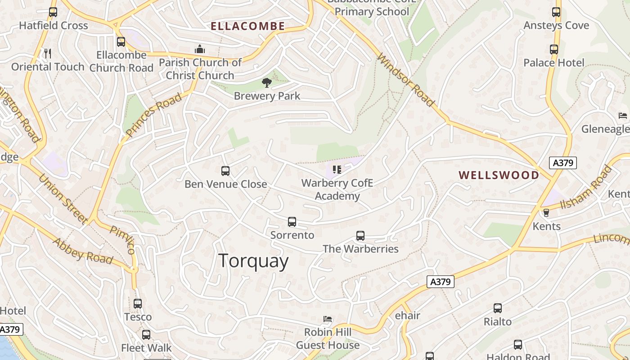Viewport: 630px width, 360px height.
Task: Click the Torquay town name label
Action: pos(253,261)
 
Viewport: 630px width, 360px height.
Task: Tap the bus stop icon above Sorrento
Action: pos(292,222)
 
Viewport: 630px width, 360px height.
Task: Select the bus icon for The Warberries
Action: pos(360,236)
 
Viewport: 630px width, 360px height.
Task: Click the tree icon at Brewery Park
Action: pos(267,82)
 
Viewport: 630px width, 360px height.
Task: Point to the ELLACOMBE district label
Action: pos(248,26)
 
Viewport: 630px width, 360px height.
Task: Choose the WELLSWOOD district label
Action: pos(499,175)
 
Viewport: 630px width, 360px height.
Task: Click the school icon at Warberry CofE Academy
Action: pos(337,170)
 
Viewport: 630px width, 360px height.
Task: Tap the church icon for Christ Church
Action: pos(200,49)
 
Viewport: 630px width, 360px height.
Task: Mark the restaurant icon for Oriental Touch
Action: pos(48,54)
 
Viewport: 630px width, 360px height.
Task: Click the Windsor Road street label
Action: pos(406,80)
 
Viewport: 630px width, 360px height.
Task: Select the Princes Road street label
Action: pos(154,115)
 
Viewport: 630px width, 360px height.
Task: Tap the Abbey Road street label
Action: pos(83,251)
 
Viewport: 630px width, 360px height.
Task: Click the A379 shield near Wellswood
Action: pos(562,162)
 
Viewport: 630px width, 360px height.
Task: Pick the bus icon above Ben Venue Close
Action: pos(225,171)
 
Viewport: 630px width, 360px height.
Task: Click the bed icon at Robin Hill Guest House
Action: pos(328,319)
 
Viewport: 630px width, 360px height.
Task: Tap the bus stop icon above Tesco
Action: pos(138,304)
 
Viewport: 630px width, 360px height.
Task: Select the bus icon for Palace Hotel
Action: pos(554,49)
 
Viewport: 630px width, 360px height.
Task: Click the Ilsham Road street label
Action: pos(587,188)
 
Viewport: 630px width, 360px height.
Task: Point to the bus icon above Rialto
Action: pos(498,308)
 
